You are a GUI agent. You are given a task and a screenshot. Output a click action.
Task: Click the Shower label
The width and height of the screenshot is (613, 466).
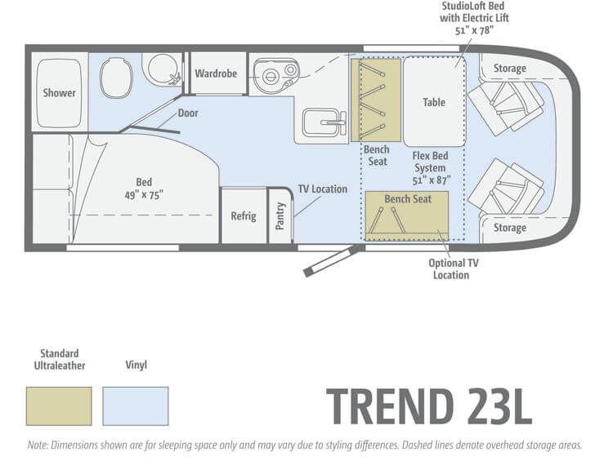59,93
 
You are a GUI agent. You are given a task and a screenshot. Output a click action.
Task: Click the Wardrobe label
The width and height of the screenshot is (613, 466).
216,73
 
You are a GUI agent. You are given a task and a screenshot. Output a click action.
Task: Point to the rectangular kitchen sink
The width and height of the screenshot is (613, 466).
324,122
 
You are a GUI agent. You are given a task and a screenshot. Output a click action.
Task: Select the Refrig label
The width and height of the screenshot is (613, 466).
244,215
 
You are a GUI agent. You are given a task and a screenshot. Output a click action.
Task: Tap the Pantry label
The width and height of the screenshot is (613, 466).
280,215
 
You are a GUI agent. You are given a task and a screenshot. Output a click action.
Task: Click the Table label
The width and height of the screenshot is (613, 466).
434,102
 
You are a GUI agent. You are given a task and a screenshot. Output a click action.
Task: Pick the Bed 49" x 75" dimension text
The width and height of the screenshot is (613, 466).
144,189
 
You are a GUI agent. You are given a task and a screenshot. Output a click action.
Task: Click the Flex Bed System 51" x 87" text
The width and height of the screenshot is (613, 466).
431,168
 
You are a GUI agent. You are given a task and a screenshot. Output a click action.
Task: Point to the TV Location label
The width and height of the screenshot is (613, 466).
323,189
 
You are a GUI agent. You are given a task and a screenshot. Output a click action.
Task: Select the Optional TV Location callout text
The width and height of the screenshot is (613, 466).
453,269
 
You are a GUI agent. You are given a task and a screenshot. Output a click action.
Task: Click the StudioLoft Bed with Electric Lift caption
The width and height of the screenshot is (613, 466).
474,18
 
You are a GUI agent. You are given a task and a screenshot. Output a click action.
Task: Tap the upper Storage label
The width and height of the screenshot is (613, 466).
510,69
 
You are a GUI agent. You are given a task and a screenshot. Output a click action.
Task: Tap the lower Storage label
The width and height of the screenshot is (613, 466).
510,228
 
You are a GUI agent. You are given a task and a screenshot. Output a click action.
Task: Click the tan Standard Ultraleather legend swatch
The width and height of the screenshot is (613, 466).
59,406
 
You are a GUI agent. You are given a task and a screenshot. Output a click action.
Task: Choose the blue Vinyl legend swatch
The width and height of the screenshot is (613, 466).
136,406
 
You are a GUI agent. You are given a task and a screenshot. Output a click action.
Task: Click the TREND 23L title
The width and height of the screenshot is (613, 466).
428,406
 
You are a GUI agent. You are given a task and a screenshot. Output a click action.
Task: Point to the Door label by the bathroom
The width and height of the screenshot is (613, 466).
188,113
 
